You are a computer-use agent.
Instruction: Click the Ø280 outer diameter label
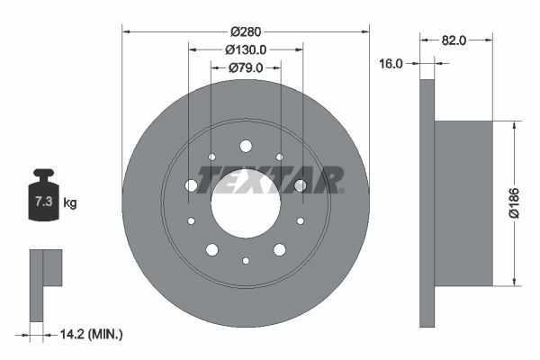[x=245, y=32]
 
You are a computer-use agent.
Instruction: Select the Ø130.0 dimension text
[x=245, y=49]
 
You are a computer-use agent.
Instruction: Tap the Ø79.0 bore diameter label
[x=245, y=67]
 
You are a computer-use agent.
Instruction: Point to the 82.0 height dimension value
[x=454, y=40]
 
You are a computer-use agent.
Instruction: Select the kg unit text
[x=70, y=203]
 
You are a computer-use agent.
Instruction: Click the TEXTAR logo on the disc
[x=270, y=180]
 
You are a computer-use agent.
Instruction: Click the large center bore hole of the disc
[x=246, y=204]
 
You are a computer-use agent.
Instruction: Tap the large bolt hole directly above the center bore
[x=246, y=146]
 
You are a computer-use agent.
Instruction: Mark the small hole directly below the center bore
[x=246, y=260]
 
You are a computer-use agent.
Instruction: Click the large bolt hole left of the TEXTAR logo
[x=191, y=185]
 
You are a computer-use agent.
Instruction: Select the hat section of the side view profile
[x=463, y=203]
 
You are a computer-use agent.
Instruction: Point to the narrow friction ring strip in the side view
[x=427, y=203]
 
